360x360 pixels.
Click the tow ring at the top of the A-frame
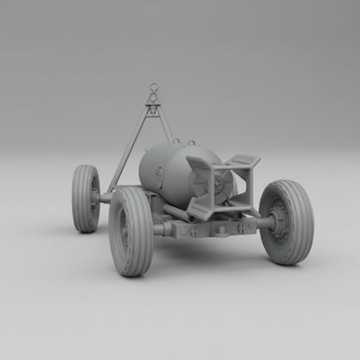coord(154,87)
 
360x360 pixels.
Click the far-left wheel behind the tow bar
coord(85,198)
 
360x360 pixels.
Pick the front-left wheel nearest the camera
coord(131,231)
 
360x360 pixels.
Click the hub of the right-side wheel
coord(279,222)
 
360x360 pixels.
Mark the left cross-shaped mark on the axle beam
coord(196,231)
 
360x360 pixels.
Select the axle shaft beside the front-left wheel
coord(160,229)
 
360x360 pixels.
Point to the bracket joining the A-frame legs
coord(153,107)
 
